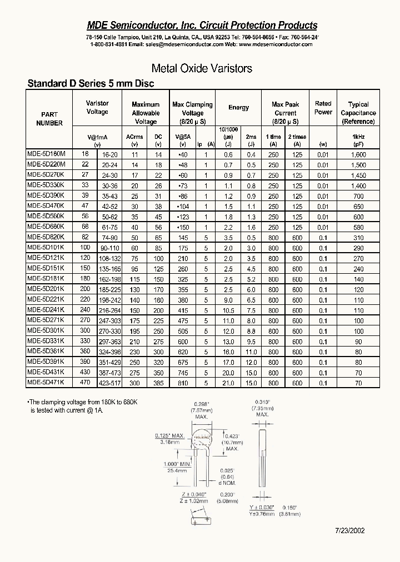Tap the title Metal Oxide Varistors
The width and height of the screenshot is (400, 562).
click(202, 68)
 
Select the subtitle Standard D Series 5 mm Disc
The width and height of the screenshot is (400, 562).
click(91, 84)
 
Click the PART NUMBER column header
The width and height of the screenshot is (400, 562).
click(49, 119)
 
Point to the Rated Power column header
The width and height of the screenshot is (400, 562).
click(323, 108)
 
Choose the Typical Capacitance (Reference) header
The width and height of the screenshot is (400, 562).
click(358, 113)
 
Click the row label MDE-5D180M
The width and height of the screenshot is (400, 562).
click(46, 155)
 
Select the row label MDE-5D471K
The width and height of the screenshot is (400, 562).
click(46, 382)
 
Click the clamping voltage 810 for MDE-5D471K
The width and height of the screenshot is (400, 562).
click(183, 383)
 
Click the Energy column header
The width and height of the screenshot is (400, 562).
click(238, 108)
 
